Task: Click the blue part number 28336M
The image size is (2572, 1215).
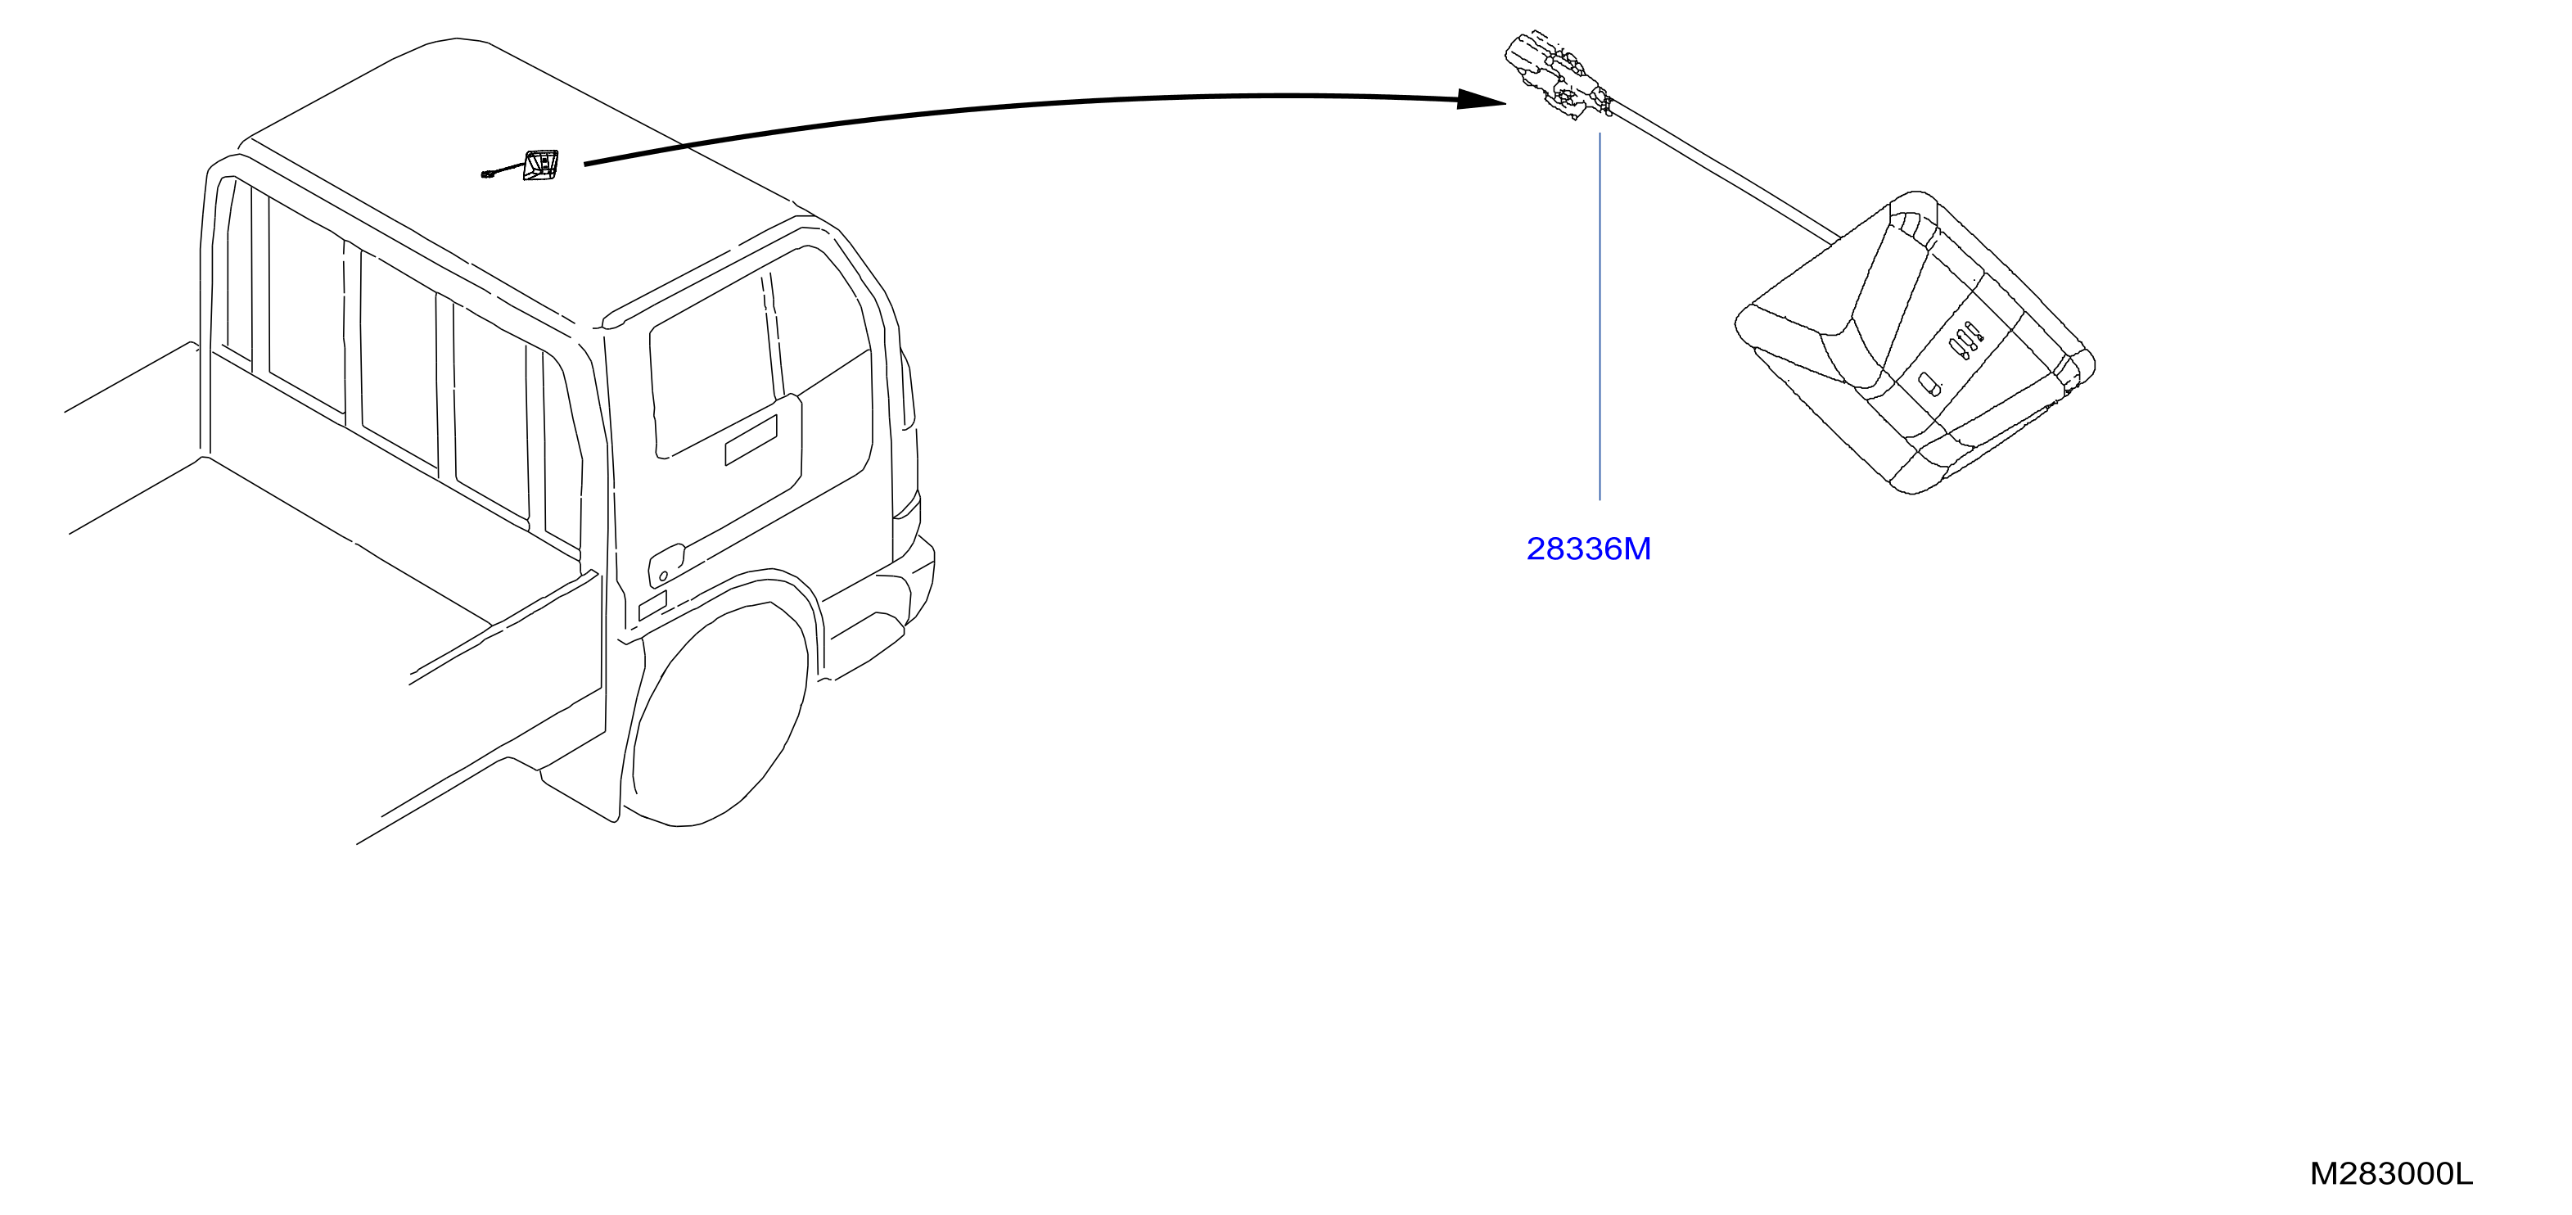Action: point(1589,549)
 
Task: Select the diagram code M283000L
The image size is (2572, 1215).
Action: point(2391,1174)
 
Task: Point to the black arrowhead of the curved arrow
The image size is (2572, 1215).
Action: point(1482,99)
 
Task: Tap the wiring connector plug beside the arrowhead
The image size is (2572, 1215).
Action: point(1557,76)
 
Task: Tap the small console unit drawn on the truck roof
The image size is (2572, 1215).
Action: point(540,165)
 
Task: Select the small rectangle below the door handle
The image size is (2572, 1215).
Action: point(652,605)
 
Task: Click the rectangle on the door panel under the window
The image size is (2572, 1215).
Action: point(751,440)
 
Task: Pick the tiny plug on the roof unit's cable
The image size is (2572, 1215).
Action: point(486,176)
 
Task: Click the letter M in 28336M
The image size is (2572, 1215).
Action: point(1637,549)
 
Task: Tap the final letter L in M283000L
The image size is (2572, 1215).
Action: point(2465,1174)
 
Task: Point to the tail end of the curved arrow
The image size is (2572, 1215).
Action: point(585,164)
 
